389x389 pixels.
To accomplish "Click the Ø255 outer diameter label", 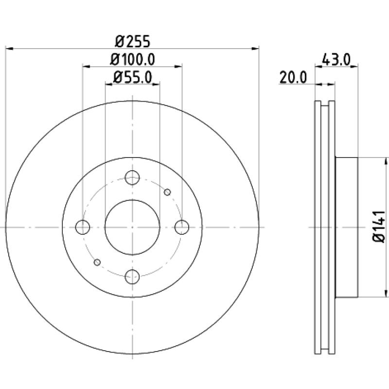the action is tap(132, 41).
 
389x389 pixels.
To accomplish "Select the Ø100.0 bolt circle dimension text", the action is tap(132, 59).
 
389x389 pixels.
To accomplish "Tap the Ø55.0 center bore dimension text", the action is tap(132, 77).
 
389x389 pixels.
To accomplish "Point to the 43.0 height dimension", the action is tap(336, 60).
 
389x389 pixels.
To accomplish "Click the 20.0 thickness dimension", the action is tap(293, 77).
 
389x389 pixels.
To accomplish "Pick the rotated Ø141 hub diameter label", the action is tap(379, 227).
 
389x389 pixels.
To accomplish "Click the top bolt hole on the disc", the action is tap(132, 177).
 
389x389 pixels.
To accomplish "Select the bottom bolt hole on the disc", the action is tap(132, 277).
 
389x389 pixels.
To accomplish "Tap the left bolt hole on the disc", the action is tap(83, 227).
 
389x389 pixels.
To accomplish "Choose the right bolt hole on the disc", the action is tap(182, 227).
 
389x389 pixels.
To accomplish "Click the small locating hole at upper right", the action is tap(167, 192).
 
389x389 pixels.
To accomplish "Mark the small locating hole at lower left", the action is tap(97, 262).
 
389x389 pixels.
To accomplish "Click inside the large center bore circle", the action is tap(132, 227).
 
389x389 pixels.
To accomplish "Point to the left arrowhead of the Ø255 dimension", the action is tap(9, 48).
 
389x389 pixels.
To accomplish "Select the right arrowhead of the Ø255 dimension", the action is tap(255, 48).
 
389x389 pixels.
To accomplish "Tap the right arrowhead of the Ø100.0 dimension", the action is tap(178, 67).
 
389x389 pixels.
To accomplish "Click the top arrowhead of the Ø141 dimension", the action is tap(386, 161).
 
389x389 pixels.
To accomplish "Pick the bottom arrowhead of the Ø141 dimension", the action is tap(386, 293).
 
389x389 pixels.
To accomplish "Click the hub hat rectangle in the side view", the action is tap(346, 227).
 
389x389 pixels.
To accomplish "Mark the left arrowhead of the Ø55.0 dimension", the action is tap(109, 84).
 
